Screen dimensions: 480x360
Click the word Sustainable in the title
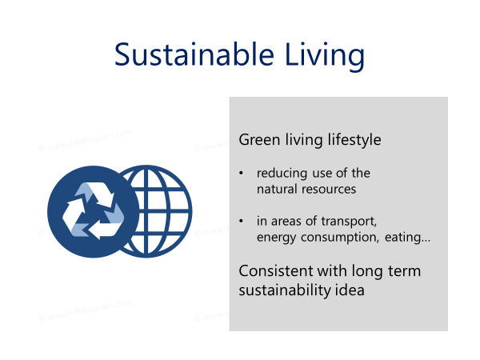(194, 54)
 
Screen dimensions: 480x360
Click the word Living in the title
(325, 57)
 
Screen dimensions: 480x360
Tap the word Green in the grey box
(259, 139)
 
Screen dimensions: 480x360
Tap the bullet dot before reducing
(242, 174)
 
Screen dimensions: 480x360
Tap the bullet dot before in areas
(242, 221)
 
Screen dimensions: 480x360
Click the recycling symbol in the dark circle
(93, 211)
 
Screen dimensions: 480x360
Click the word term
(404, 271)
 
